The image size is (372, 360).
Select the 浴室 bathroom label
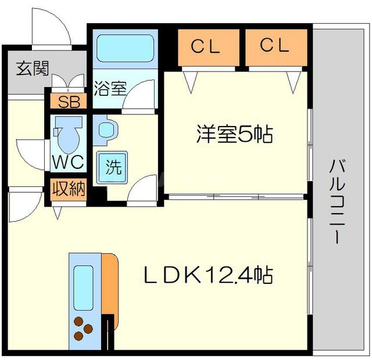(x=110, y=88)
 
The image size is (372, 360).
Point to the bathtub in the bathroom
(x=125, y=48)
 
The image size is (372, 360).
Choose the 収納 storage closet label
(x=67, y=189)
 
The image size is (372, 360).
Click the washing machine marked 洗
(x=114, y=167)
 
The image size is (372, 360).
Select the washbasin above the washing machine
(x=105, y=130)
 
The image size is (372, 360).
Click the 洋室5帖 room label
(x=234, y=135)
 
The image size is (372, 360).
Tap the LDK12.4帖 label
(x=209, y=275)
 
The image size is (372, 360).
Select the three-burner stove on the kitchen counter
(x=83, y=327)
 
